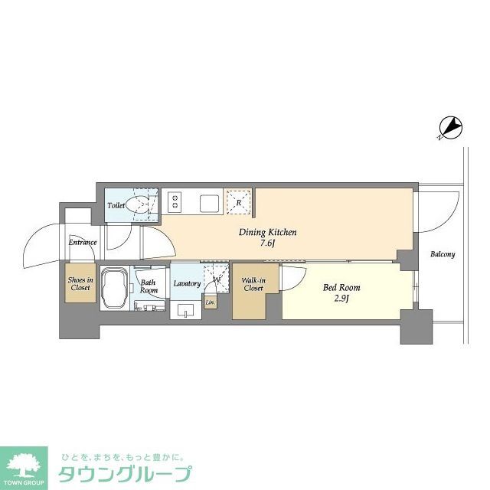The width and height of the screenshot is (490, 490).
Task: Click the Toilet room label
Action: (116, 206)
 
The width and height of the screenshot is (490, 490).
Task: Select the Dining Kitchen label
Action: (268, 233)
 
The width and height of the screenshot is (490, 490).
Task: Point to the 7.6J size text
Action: (268, 244)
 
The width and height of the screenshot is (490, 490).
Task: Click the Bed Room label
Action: (341, 288)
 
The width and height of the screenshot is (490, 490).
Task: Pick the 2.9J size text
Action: (341, 299)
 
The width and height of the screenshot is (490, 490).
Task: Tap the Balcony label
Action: (442, 254)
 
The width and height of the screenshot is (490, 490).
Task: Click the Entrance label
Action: (83, 243)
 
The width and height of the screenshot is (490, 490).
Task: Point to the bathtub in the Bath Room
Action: (115, 288)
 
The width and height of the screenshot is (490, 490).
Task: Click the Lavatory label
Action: (187, 284)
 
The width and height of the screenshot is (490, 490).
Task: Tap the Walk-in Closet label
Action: (253, 284)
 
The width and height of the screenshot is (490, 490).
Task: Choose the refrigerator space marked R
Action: (239, 203)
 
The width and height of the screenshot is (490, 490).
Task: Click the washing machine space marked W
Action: (217, 279)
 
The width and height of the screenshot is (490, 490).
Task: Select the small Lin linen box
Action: (210, 303)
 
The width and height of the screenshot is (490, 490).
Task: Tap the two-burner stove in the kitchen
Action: (175, 202)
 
